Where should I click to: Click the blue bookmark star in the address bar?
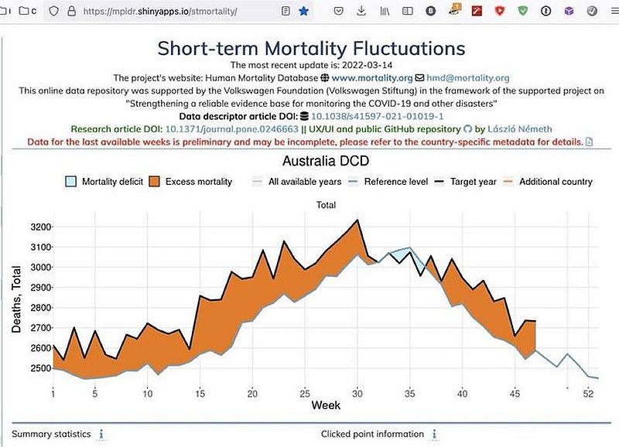[303, 11]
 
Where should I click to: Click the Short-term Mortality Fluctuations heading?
[311, 49]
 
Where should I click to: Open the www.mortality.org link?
[372, 77]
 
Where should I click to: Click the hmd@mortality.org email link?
[468, 77]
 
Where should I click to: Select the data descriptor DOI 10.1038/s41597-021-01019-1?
[378, 116]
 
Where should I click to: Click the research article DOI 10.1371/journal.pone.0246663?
[231, 129]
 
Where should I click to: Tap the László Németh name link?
[519, 129]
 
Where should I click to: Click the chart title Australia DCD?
[326, 161]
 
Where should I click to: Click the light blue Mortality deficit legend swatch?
[70, 182]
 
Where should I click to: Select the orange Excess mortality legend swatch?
[154, 182]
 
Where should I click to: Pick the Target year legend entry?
[465, 182]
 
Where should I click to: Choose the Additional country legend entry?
[548, 182]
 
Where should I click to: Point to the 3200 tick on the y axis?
[41, 227]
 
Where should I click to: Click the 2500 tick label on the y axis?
[41, 368]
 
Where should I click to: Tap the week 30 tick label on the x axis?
[357, 394]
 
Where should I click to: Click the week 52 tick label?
[588, 394]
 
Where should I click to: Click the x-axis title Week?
[326, 405]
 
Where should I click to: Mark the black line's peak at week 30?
[357, 220]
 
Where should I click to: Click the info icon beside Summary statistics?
[101, 434]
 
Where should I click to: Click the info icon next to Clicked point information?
[434, 434]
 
